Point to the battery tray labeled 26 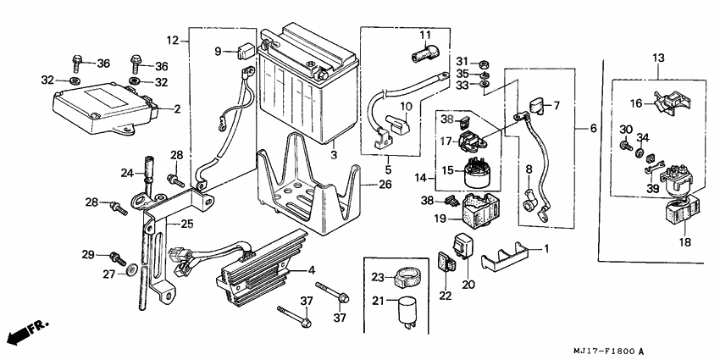(305, 191)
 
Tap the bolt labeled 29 (116, 257)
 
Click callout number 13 (659, 57)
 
